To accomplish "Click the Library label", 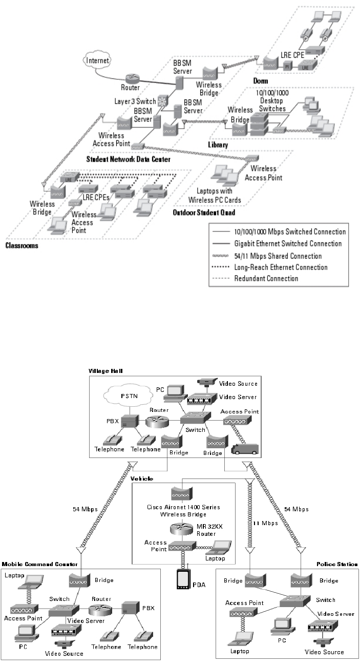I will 218,145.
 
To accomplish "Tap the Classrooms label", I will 22,245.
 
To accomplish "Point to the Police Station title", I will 339,564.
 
